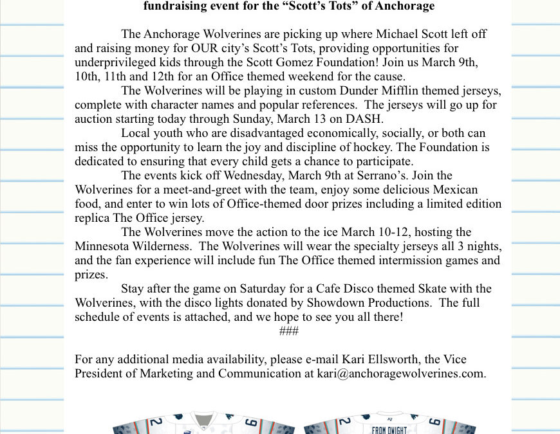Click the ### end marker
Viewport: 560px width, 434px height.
tap(289, 331)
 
